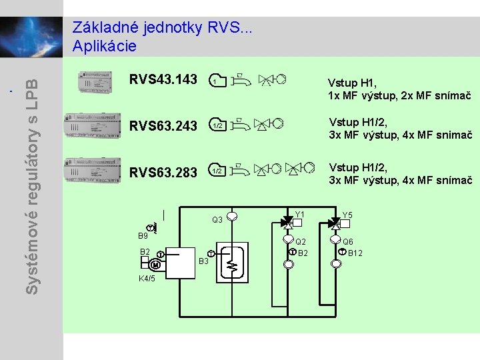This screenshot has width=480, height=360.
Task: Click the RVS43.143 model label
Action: pos(163,79)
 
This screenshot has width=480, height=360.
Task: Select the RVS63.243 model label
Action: pos(163,125)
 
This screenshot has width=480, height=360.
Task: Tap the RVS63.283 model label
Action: pos(163,173)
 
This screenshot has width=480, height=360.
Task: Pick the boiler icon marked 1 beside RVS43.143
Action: pos(217,81)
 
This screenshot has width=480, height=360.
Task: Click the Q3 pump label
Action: pos(217,220)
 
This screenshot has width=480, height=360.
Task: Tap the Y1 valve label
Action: pos(299,215)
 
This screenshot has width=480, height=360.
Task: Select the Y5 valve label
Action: pos(347,215)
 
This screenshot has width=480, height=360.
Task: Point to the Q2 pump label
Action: pos(301,242)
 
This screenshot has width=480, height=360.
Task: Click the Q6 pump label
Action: pos(348,242)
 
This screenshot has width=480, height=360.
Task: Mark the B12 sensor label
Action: pos(355,253)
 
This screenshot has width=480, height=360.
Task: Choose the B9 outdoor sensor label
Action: pos(143,236)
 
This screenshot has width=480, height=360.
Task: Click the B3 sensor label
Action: pos(205,261)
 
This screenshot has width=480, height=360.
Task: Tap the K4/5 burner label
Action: pos(147,278)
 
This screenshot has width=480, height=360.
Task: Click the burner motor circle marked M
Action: pos(155,265)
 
